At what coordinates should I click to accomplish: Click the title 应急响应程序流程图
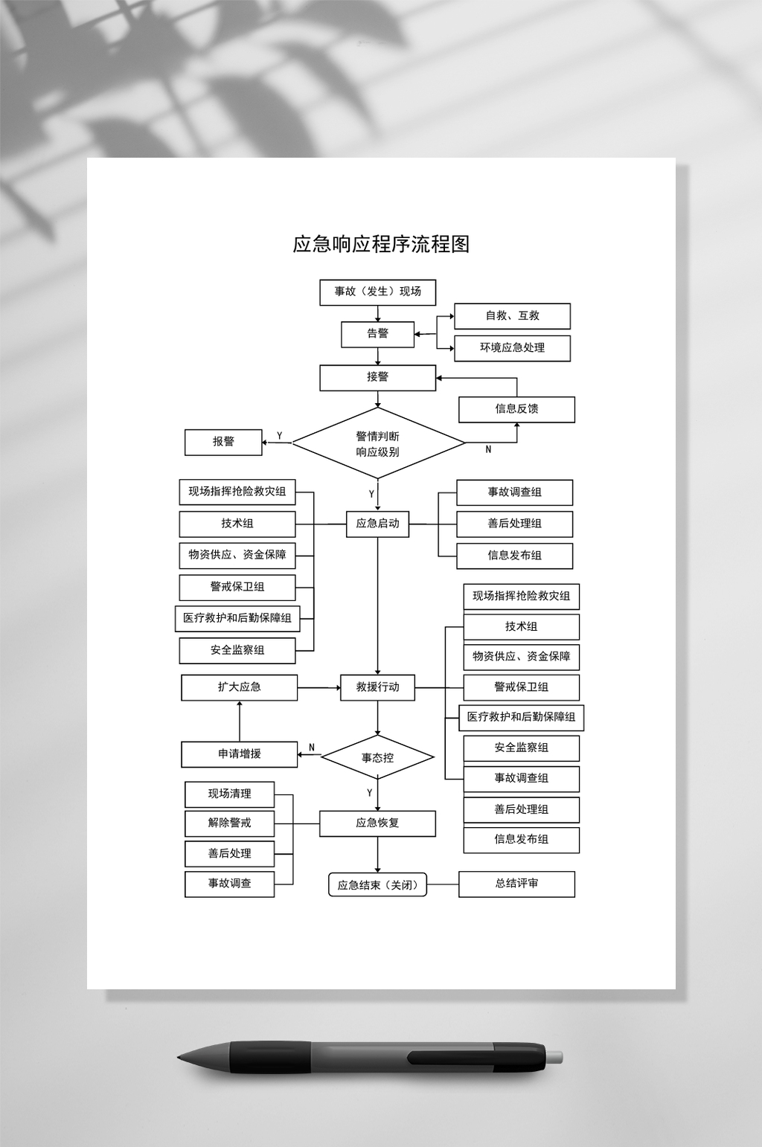[381, 244]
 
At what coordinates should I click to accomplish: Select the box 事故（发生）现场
[377, 292]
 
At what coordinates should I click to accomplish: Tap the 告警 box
[377, 334]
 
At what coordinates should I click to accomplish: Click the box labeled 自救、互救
[512, 316]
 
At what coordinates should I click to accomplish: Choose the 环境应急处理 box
[512, 348]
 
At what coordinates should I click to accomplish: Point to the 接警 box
[377, 377]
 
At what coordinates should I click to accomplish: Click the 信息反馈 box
[516, 409]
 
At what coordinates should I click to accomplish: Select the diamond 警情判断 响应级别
[377, 444]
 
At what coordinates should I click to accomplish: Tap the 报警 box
[223, 442]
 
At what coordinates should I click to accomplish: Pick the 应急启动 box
[377, 524]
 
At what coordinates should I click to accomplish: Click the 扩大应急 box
[239, 687]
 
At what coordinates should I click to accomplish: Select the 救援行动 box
[377, 687]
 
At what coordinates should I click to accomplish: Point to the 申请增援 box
[239, 754]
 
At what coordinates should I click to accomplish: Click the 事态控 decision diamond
[377, 758]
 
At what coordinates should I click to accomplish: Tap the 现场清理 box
[229, 794]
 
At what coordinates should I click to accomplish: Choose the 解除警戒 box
[229, 823]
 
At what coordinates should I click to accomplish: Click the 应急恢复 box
[377, 823]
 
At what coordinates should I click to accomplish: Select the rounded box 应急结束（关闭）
[377, 885]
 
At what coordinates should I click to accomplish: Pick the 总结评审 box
[516, 884]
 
